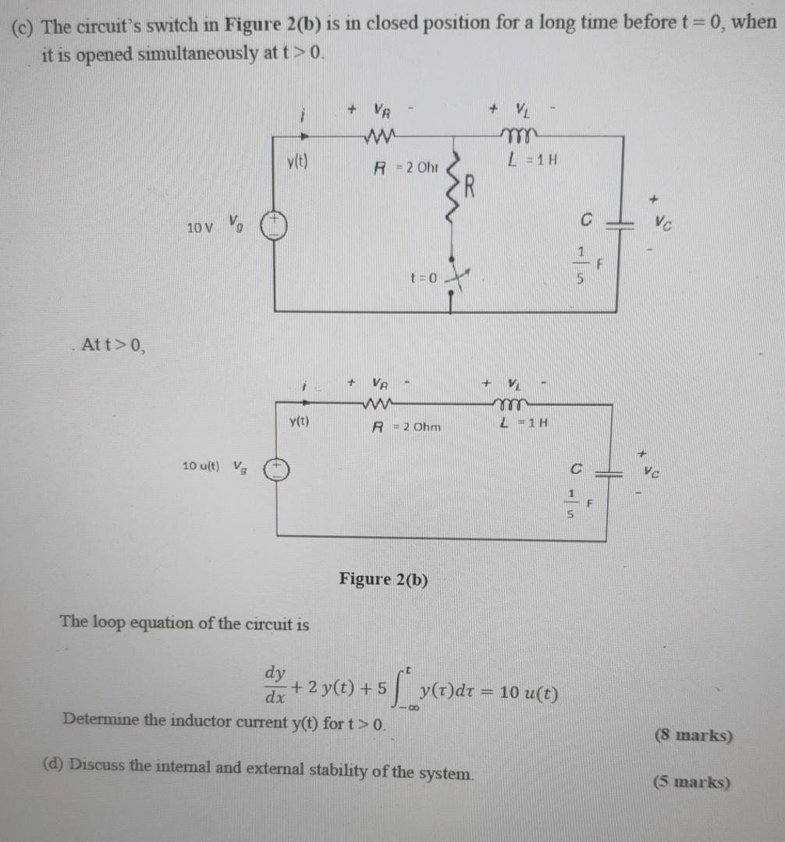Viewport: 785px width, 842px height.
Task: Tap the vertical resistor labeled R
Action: pos(451,195)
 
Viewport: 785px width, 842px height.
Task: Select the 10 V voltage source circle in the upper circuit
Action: pos(274,226)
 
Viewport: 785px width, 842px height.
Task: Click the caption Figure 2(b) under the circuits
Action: pos(383,580)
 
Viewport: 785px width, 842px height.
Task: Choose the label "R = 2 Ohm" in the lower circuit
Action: pos(404,426)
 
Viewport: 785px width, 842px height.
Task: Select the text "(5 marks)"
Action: pos(692,783)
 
